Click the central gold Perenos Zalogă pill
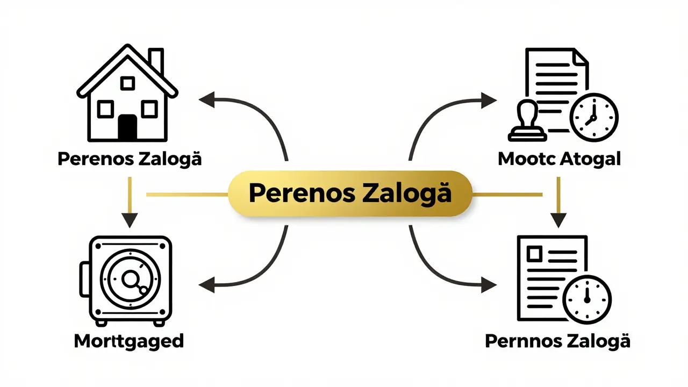point(350,194)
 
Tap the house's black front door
point(127,127)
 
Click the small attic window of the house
point(127,83)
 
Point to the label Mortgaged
point(129,341)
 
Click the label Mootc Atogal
point(560,159)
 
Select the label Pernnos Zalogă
point(557,341)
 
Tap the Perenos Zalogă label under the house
point(130,159)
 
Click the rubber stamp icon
point(528,121)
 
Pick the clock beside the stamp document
point(594,117)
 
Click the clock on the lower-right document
point(587,299)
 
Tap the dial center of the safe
point(130,279)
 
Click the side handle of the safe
point(84,280)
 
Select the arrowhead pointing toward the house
point(207,100)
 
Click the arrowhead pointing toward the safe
point(207,285)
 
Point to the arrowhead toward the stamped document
point(489,100)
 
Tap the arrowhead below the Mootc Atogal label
point(558,220)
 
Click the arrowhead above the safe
point(130,220)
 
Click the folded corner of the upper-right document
point(582,56)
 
